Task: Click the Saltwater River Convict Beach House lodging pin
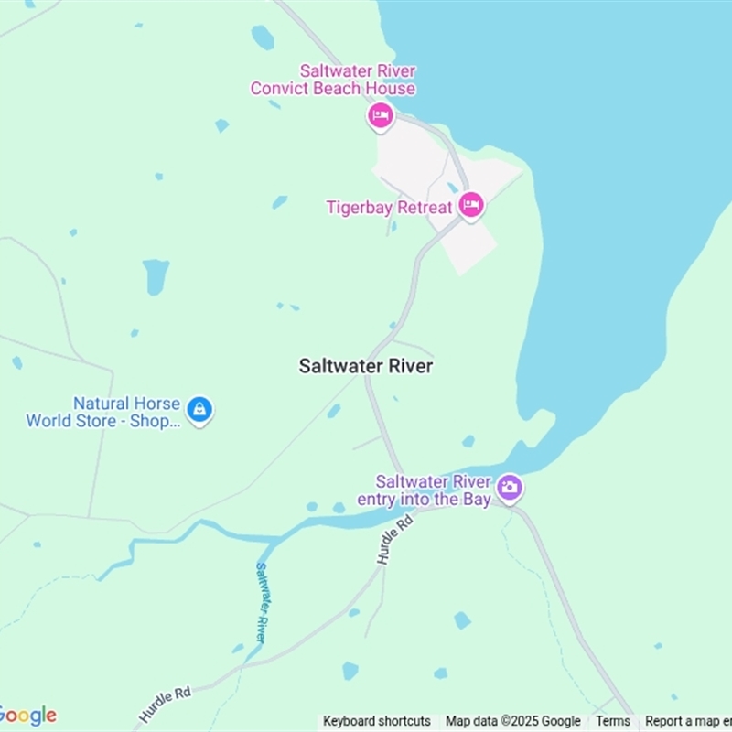point(380,115)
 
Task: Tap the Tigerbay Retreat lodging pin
point(471,205)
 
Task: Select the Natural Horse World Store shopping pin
point(199,410)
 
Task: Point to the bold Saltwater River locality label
point(365,366)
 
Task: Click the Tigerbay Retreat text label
point(389,208)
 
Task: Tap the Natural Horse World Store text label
point(102,413)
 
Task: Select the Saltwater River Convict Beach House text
point(333,80)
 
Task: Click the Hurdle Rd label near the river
point(395,539)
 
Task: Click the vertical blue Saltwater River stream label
point(262,602)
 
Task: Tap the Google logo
point(27,716)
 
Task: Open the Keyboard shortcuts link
point(376,721)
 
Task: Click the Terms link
point(613,721)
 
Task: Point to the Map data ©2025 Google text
point(512,721)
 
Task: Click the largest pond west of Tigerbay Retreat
point(156,275)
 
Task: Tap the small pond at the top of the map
point(263,38)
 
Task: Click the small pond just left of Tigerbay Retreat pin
point(452,188)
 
